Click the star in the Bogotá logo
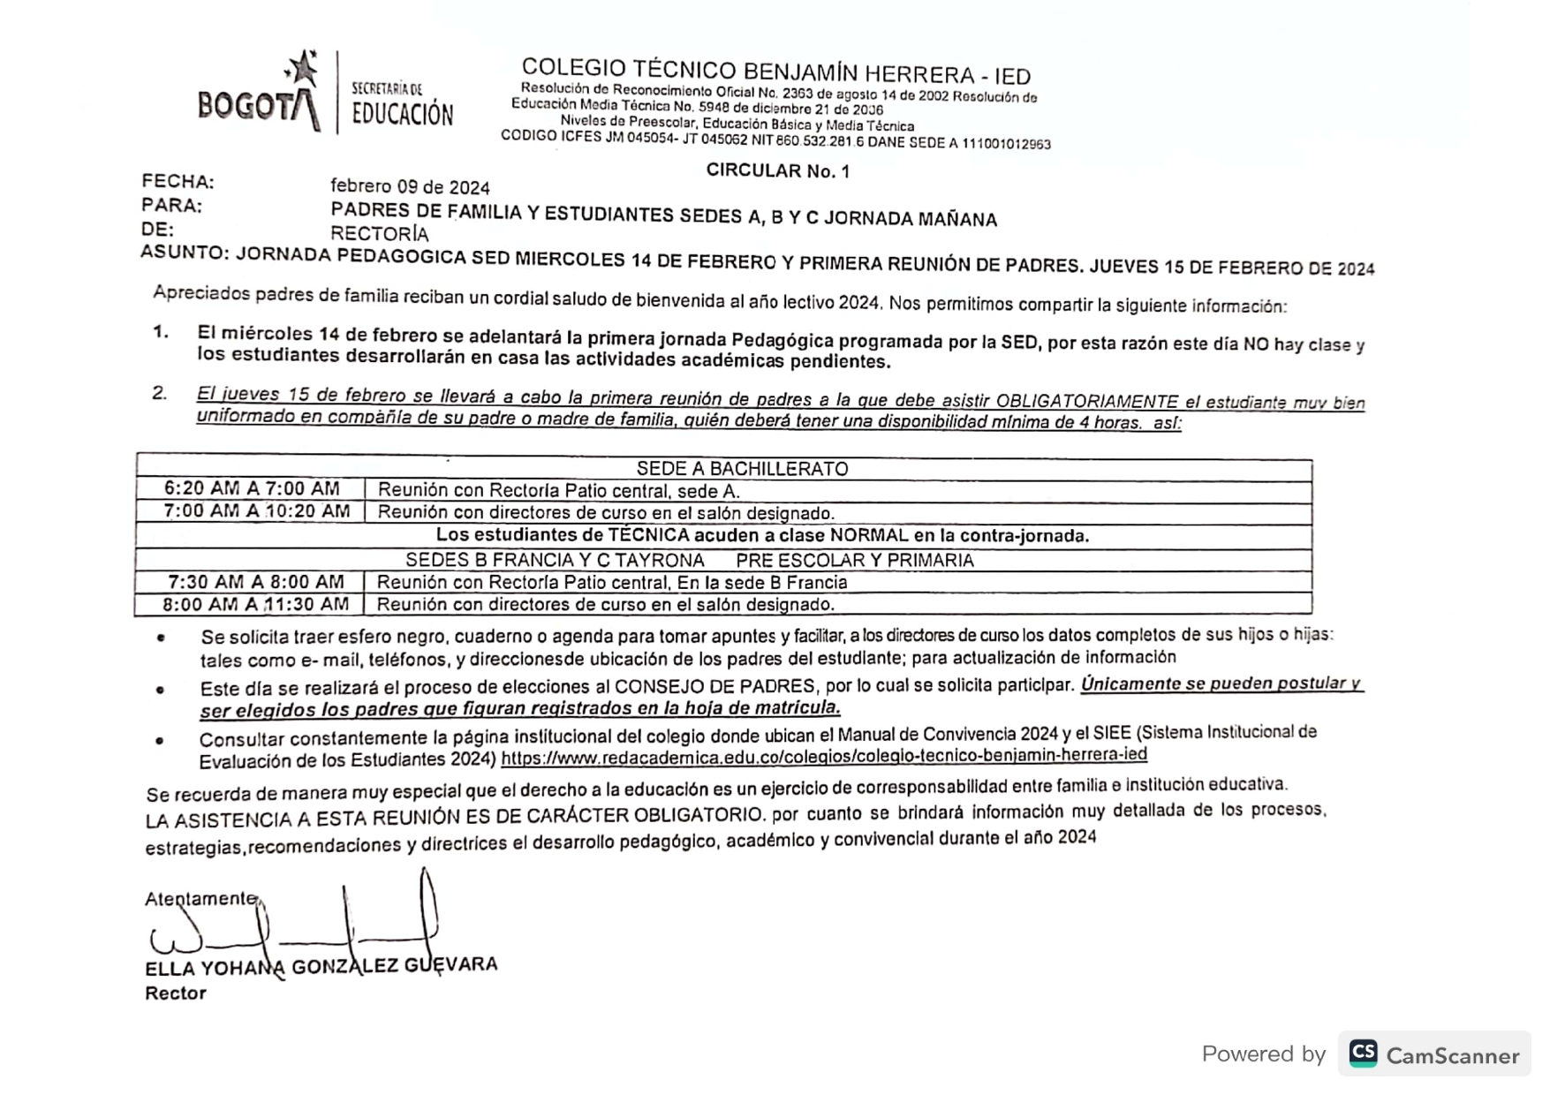coord(302,69)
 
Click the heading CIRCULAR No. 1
coord(777,170)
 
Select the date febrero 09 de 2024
coord(410,187)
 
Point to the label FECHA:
coord(178,182)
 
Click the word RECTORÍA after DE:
coord(379,234)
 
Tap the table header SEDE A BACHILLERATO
coord(742,469)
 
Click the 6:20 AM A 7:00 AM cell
coord(252,488)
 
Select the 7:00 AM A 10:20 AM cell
coord(256,511)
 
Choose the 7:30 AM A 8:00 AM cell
coord(256,582)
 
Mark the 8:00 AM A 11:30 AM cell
coord(255,605)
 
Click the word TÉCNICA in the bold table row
coord(648,535)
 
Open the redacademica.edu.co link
coord(823,756)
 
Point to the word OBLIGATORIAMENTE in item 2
coord(1086,402)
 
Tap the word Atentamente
coord(200,899)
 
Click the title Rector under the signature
coord(176,993)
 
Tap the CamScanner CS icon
coord(1363,1053)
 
